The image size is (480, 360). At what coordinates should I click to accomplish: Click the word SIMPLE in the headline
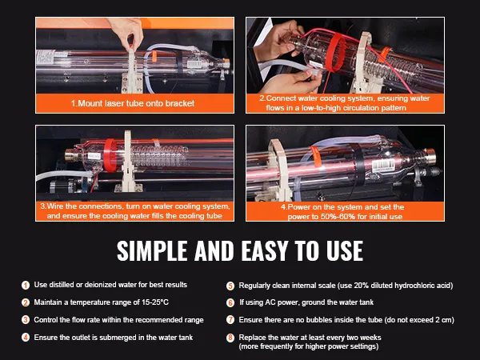(152, 250)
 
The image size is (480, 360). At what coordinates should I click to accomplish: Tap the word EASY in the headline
(265, 250)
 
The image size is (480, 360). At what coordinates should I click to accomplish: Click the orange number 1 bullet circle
(26, 285)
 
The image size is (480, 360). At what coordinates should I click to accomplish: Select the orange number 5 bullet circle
(230, 286)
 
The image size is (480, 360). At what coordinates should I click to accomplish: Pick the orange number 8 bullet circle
(230, 338)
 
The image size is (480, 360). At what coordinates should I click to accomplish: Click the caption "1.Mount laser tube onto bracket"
(133, 103)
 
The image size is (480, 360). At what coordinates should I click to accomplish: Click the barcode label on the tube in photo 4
(383, 166)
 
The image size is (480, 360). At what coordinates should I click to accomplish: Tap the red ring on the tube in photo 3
(110, 155)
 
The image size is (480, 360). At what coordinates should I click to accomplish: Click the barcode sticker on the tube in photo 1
(194, 64)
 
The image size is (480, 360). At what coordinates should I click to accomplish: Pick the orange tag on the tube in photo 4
(316, 156)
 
